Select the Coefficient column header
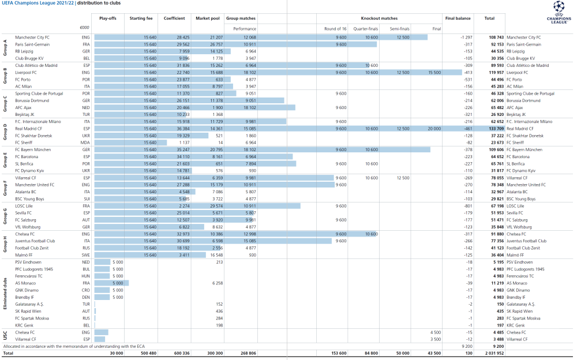pyautogui.click(x=174, y=18)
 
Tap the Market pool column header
pyautogui.click(x=208, y=18)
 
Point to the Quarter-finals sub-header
pyautogui.click(x=365, y=28)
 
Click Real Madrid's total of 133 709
pyautogui.click(x=493, y=129)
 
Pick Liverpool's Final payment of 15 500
pyautogui.click(x=434, y=73)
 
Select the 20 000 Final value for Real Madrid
pyautogui.click(x=434, y=129)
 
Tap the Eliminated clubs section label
pyautogui.click(x=6, y=294)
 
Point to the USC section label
pyautogui.click(x=6, y=336)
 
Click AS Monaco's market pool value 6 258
pyautogui.click(x=217, y=283)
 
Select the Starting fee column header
pyautogui.click(x=141, y=18)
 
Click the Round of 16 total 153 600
pyautogui.click(x=338, y=353)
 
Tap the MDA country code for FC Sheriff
pyautogui.click(x=86, y=142)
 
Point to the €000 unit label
pyautogui.click(x=85, y=28)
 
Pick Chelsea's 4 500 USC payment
pyautogui.click(x=435, y=332)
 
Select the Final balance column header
pyautogui.click(x=459, y=18)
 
